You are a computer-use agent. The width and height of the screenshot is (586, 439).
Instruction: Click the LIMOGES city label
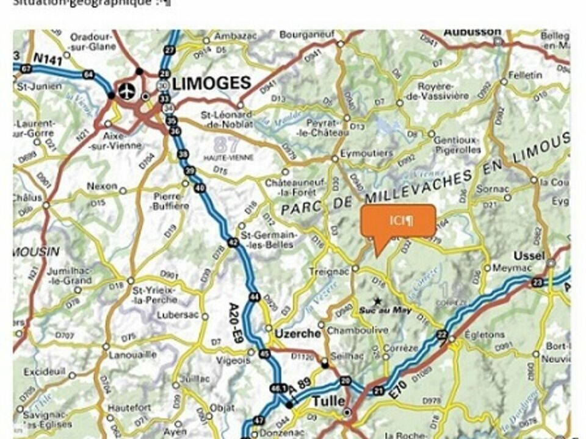click(211, 84)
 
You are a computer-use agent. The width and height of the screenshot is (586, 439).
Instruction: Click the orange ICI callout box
click(399, 221)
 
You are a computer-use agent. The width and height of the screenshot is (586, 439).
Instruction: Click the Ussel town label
click(529, 255)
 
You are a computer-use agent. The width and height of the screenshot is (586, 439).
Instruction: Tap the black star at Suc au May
click(378, 301)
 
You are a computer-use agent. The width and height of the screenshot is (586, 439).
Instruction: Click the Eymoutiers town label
click(366, 153)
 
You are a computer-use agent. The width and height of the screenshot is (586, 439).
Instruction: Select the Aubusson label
click(472, 32)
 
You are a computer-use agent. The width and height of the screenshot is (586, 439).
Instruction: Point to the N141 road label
click(48, 59)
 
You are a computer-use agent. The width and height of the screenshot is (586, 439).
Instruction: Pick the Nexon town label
click(102, 187)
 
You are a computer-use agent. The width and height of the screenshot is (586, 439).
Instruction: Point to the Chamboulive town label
click(357, 330)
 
